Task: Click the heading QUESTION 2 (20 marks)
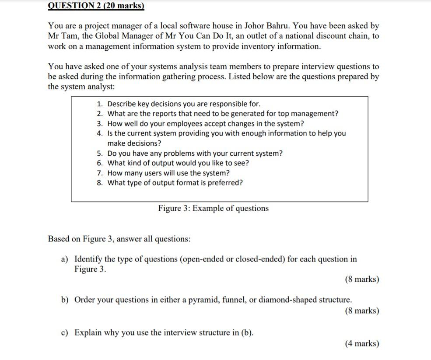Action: coord(95,6)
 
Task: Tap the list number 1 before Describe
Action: coord(100,104)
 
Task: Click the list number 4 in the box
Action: coord(100,133)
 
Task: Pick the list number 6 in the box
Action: coord(100,163)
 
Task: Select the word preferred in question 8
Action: coord(227,183)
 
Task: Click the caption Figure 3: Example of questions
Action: coord(214,209)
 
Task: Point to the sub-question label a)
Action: coord(64,259)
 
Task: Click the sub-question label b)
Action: coord(65,301)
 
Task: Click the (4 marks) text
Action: coord(362,344)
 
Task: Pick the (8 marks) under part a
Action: coord(362,280)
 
